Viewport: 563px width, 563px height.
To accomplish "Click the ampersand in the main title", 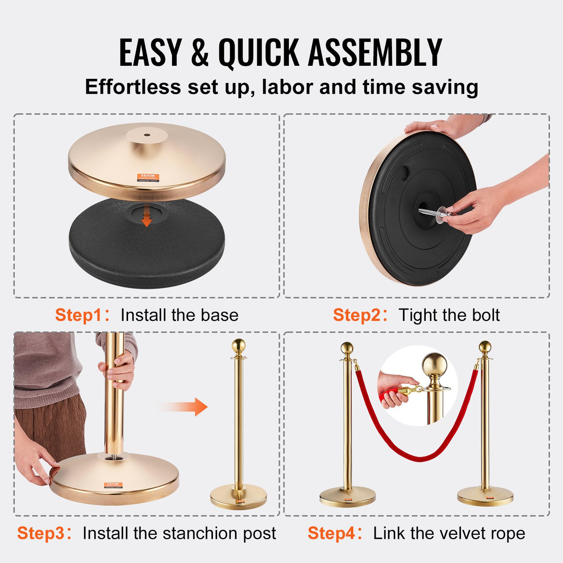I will (x=199, y=53).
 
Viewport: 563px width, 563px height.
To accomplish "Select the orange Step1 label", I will (x=78, y=315).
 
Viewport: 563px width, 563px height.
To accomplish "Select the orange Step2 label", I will (x=356, y=315).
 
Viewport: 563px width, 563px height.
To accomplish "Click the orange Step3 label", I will (x=40, y=533).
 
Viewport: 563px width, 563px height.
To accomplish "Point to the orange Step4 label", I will (x=331, y=533).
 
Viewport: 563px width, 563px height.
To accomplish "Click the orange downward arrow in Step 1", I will (x=146, y=218).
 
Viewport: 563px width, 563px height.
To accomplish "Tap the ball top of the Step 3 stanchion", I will (x=238, y=345).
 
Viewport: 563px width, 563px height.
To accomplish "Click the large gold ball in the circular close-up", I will (x=434, y=365).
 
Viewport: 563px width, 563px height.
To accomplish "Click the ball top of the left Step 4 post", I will (x=347, y=348).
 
